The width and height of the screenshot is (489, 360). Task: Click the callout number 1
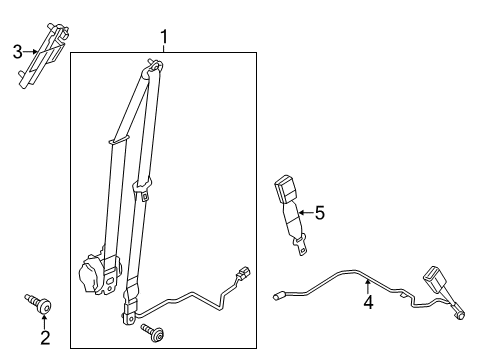(164, 37)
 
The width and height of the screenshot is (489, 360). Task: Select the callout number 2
(45, 337)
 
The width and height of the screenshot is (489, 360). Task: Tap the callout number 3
(18, 52)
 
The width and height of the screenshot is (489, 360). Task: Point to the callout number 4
(368, 302)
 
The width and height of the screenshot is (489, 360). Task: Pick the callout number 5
(320, 213)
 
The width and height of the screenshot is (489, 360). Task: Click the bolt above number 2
(38, 303)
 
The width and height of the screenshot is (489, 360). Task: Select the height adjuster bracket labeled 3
(43, 55)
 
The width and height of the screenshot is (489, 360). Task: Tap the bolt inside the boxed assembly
(153, 332)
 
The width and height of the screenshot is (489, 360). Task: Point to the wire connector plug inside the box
(243, 272)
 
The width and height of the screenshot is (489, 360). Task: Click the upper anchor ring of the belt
(154, 66)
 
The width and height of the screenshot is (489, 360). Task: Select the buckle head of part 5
(286, 188)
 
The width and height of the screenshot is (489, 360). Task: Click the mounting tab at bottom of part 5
(301, 246)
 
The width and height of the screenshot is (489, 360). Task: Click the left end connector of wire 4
(278, 296)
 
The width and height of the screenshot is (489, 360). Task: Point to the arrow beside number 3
(31, 52)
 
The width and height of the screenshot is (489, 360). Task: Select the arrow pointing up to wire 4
(368, 287)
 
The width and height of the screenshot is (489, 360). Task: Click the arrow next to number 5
(306, 212)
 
